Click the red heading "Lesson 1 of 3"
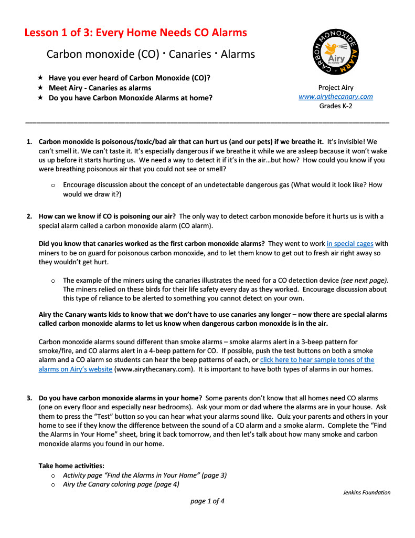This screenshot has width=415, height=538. coord(135,33)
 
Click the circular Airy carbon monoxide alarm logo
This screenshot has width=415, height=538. coord(336,54)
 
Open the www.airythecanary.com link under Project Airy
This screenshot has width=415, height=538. coord(336,97)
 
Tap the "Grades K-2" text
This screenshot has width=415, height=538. coord(336,106)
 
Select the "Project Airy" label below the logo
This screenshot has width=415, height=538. coord(336,88)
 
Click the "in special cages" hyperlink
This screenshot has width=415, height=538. coord(350,244)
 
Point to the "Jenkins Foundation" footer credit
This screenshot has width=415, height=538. coord(367,493)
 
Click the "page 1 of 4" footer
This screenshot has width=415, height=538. coord(207,501)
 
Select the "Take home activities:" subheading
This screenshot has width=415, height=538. coord(71,465)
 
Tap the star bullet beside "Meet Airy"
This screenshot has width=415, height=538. coord(40,88)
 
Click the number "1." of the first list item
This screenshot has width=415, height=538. coord(29,142)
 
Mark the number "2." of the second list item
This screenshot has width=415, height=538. coord(29,216)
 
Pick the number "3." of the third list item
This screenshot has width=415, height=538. coord(29,398)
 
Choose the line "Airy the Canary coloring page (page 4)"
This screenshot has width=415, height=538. coord(121,484)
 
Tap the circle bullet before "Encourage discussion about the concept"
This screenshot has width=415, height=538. coord(53,185)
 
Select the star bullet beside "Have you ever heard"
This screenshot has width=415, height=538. coord(40,78)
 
